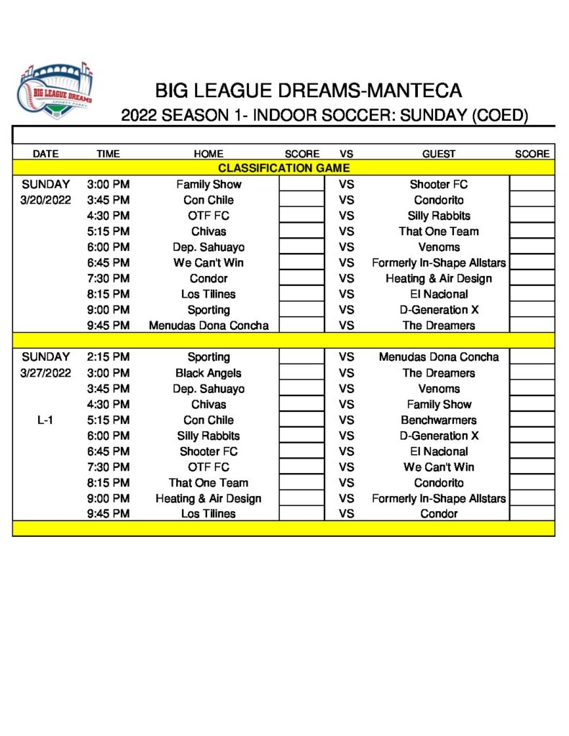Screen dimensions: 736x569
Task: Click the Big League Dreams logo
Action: pos(55,91)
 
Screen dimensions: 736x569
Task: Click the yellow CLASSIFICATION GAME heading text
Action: pos(283,168)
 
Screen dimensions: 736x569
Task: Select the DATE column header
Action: pos(45,154)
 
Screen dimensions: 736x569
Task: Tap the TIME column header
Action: pos(108,154)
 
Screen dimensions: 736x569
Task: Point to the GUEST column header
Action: pos(439,154)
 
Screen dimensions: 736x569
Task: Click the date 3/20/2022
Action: pos(46,200)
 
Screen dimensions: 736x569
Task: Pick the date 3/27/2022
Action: pos(46,373)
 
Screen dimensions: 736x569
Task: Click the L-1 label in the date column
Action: pos(45,420)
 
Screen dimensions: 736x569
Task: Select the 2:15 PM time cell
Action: pos(108,357)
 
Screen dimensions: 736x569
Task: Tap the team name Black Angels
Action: pos(209,373)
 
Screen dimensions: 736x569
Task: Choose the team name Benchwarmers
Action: pos(439,420)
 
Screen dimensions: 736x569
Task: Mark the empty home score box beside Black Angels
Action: pos(301,373)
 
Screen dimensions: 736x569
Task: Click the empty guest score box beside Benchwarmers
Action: pos(532,420)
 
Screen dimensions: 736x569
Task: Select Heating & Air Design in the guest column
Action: pos(439,278)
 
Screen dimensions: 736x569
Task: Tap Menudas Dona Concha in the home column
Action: pos(209,326)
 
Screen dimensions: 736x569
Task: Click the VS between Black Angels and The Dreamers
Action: pos(347,373)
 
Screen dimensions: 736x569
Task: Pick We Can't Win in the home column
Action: pos(209,262)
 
